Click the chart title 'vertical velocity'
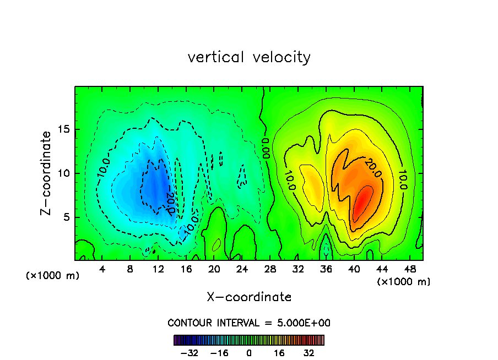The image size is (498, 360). coord(249,57)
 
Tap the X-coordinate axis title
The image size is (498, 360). coord(249,297)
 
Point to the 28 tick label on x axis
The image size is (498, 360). coord(270,270)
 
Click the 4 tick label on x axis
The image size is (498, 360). coord(102,270)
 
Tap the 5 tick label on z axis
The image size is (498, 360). coord(64,217)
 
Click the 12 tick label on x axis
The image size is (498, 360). coord(158,270)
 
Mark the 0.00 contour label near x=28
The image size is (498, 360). coord(266,148)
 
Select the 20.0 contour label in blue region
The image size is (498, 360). coord(170,202)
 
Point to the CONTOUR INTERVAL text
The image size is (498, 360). coord(249,323)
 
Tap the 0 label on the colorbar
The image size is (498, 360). coord(249,353)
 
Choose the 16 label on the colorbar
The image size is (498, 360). coord(279,353)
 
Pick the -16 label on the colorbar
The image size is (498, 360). coord(219,353)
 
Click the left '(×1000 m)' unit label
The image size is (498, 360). coord(53,276)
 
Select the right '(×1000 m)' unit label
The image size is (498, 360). coord(404,282)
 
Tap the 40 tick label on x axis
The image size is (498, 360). coord(354,270)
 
